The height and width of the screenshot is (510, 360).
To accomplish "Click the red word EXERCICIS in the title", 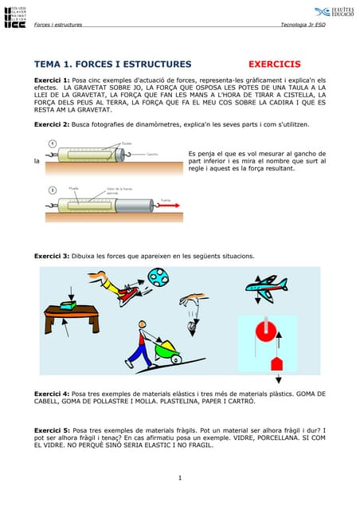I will click(x=274, y=64).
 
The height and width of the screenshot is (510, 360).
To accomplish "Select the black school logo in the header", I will click(x=14, y=16).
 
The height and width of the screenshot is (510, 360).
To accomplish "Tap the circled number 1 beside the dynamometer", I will click(x=52, y=143).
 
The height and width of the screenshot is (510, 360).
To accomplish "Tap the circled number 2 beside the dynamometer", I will click(x=52, y=190).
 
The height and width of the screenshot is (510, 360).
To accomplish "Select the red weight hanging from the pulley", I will click(x=276, y=364).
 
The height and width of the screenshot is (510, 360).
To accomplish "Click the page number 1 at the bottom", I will click(x=180, y=478).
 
